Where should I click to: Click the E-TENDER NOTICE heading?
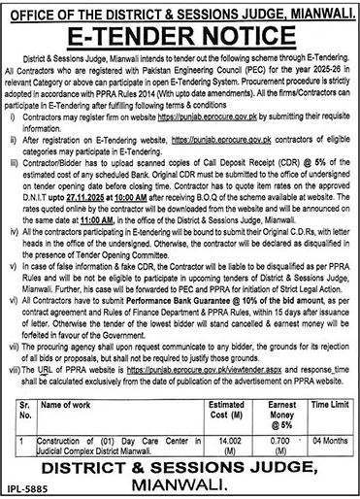pyautogui.click(x=180, y=39)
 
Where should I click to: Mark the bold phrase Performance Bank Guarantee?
pyautogui.click(x=170, y=304)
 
